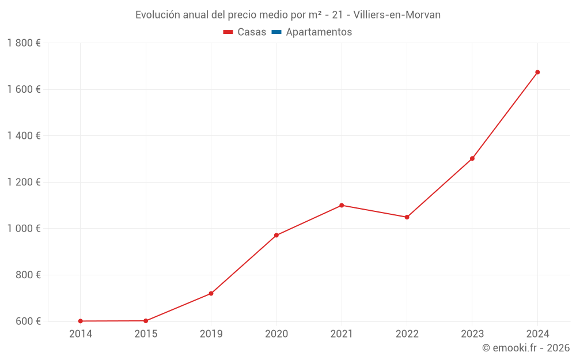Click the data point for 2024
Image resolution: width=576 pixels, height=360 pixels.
[x=537, y=72]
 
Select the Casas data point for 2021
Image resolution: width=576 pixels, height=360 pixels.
[x=342, y=205]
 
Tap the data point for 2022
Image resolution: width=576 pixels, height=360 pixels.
[x=407, y=217]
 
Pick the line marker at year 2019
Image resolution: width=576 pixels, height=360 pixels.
[x=211, y=294]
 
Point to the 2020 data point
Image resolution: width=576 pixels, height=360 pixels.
[x=276, y=235]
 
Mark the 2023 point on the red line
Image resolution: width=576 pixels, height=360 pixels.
[x=472, y=158]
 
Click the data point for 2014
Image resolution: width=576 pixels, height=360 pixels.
[x=80, y=321]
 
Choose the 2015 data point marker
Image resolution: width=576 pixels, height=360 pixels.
[x=146, y=321]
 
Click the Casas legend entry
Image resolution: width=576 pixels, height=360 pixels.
[x=245, y=32]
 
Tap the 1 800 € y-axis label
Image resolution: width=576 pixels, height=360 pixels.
[x=24, y=43]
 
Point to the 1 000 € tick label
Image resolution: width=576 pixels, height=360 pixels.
[x=24, y=229]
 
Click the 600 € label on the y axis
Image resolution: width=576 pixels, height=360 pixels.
[x=28, y=321]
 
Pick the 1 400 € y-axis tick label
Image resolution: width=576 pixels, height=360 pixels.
[x=24, y=136]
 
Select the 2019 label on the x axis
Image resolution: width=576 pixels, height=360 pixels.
[x=211, y=334]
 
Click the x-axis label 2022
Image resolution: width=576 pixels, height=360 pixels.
[x=407, y=334]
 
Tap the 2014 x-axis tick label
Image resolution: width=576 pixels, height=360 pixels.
[x=80, y=334]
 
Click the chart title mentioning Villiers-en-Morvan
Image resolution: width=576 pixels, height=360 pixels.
[x=288, y=15]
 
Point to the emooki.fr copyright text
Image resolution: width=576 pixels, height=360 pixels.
[x=525, y=348]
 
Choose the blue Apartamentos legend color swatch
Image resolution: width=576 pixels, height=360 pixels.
[x=276, y=32]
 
